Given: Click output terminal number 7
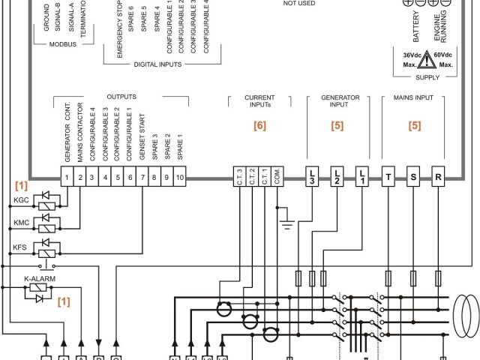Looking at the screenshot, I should click(x=142, y=178).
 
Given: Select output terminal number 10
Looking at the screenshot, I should click(x=180, y=178).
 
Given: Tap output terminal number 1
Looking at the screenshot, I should click(x=66, y=178).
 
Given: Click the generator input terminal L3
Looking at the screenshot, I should click(x=312, y=178).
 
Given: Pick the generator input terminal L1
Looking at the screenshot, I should click(x=362, y=178).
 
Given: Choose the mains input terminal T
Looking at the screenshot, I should click(x=388, y=178).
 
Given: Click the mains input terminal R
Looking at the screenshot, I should click(x=439, y=178).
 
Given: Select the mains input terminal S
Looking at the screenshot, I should click(x=413, y=178).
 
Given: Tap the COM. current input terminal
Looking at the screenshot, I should click(x=278, y=178).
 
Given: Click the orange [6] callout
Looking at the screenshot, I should click(x=259, y=126).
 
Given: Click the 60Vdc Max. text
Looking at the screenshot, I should click(x=445, y=60).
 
